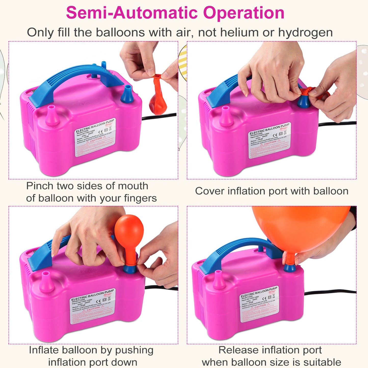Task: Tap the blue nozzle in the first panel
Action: pos(127,94)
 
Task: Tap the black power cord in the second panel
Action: pos(336,124)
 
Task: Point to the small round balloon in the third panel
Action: pos(129,229)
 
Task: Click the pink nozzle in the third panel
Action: pos(46,281)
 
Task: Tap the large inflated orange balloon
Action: pos(301,227)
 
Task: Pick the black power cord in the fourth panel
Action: pos(331,292)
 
